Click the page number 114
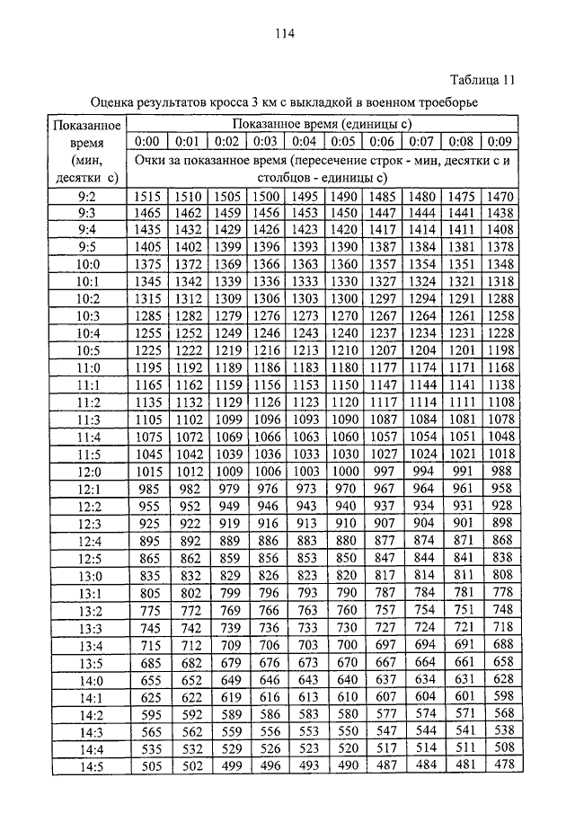(285, 36)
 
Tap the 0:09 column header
(500, 141)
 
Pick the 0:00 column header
(146, 141)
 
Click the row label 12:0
(87, 472)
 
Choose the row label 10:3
(87, 316)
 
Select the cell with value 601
(461, 696)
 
